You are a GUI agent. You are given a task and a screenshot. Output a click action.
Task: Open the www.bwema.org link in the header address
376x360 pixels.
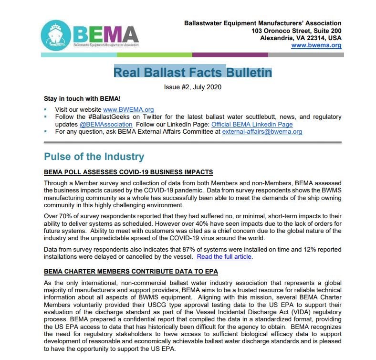(316, 45)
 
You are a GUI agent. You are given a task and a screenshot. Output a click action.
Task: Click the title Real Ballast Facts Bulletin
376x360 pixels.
(193, 73)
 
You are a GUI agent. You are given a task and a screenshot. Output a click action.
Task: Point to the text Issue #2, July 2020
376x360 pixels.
(192, 87)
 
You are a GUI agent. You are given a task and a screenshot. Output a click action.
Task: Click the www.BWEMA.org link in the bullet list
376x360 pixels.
(129, 109)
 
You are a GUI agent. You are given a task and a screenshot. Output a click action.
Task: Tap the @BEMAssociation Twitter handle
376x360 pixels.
(106, 124)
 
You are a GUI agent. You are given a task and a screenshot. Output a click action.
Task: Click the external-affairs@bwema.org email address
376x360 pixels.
(262, 132)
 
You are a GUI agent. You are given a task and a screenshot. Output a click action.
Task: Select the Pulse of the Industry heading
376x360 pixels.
(94, 157)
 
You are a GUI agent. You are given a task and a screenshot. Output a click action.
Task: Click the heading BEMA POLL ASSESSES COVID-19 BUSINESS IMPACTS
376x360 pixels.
(128, 172)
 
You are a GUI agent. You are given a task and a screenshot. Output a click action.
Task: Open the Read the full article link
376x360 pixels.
(224, 257)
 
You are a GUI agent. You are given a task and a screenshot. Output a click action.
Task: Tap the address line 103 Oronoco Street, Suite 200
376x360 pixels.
(297, 31)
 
